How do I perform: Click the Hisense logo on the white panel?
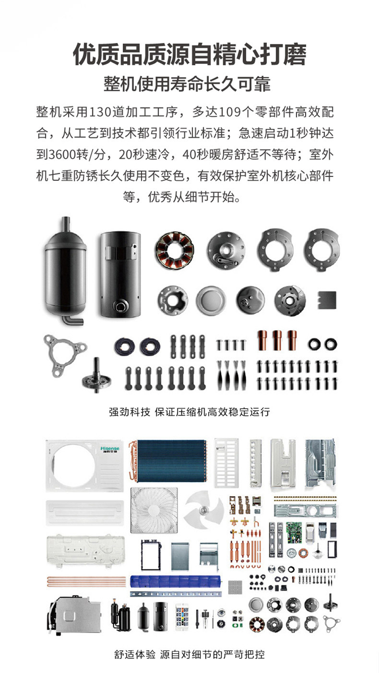pyautogui.click(x=110, y=450)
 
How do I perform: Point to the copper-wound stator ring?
pyautogui.click(x=175, y=250)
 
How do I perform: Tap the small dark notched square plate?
pyautogui.click(x=327, y=300)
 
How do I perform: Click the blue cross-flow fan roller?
pyautogui.click(x=175, y=582)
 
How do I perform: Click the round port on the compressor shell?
pyautogui.click(x=121, y=307)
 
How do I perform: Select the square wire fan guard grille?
pyautogui.click(x=154, y=510)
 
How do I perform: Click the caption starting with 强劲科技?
pyautogui.click(x=189, y=412)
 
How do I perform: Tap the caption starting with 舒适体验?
pyautogui.click(x=189, y=654)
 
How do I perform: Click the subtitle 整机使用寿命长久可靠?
pyautogui.click(x=187, y=84)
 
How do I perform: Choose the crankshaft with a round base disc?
pyautogui.click(x=97, y=376)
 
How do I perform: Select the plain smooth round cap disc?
pyautogui.click(x=211, y=300)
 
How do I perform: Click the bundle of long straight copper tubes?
pyautogui.click(x=86, y=582)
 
